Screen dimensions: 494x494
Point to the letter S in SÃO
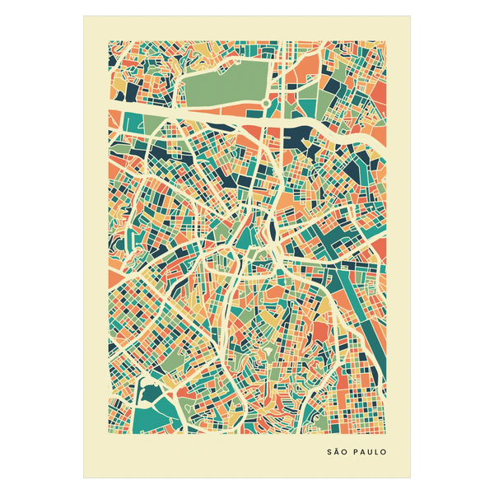click(330, 452)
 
